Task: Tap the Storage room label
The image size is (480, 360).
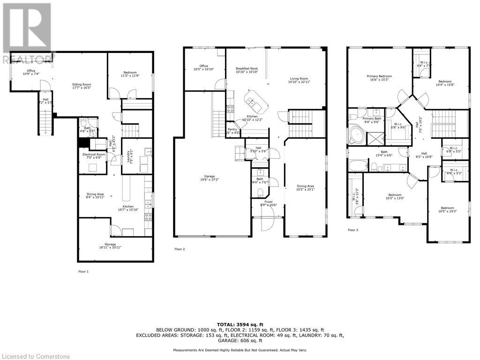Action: [111, 246]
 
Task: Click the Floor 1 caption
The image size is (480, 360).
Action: [83, 271]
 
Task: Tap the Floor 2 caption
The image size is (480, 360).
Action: [180, 249]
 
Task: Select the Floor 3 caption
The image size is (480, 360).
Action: [353, 230]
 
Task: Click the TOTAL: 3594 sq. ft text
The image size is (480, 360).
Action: [240, 324]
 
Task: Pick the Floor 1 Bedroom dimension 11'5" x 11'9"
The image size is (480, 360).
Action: [130, 76]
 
